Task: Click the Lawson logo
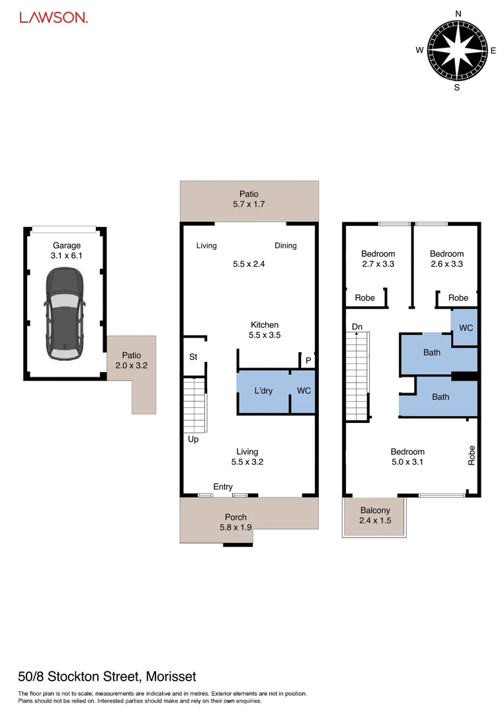tap(54, 18)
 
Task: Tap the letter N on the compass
tap(458, 13)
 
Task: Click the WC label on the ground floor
tap(304, 391)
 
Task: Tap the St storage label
tap(193, 357)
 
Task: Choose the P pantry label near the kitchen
tap(308, 360)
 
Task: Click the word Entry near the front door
tap(223, 487)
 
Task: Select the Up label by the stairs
tap(193, 439)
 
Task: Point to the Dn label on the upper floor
tap(357, 327)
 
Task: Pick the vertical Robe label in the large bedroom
tap(472, 455)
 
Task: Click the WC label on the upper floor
tap(466, 328)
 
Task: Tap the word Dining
tap(286, 246)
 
